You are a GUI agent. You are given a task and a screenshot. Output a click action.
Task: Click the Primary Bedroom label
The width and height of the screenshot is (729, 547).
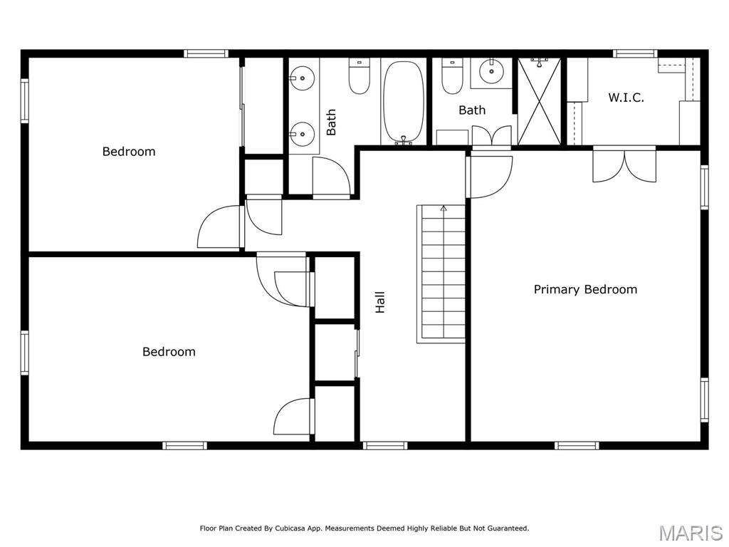tap(585, 289)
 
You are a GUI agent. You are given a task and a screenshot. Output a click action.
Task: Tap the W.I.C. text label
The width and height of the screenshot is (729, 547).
tap(626, 98)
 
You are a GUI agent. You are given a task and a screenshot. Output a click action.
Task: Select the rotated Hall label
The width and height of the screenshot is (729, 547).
tap(380, 302)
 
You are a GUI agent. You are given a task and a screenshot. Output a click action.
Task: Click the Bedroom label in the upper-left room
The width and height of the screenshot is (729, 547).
tap(129, 151)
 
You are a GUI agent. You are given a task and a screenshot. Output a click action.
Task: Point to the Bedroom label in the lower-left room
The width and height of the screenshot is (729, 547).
tap(169, 351)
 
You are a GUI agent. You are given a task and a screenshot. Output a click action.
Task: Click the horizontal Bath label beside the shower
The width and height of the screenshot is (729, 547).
tap(472, 110)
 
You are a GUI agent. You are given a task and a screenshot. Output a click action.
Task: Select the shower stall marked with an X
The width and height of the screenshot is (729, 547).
tap(539, 102)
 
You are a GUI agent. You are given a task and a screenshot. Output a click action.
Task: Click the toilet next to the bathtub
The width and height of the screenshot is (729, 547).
tap(360, 76)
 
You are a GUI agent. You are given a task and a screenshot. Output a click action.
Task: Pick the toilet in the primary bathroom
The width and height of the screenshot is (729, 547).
tap(452, 77)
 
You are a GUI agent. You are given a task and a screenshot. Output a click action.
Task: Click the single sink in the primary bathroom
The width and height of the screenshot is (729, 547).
tap(491, 72)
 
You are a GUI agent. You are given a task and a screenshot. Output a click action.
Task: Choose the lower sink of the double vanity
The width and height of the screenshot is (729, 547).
tap(303, 132)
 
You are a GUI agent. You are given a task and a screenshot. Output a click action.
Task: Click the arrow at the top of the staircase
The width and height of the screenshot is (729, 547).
tap(444, 209)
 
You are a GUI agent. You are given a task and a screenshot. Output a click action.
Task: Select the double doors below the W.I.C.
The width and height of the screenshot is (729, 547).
tap(624, 165)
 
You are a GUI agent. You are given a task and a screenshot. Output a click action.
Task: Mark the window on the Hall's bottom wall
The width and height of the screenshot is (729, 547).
tap(384, 446)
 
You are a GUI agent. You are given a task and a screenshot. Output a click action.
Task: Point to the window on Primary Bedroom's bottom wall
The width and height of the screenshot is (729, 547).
tap(577, 446)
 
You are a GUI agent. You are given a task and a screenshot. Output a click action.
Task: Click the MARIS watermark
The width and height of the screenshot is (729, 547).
tap(690, 533)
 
